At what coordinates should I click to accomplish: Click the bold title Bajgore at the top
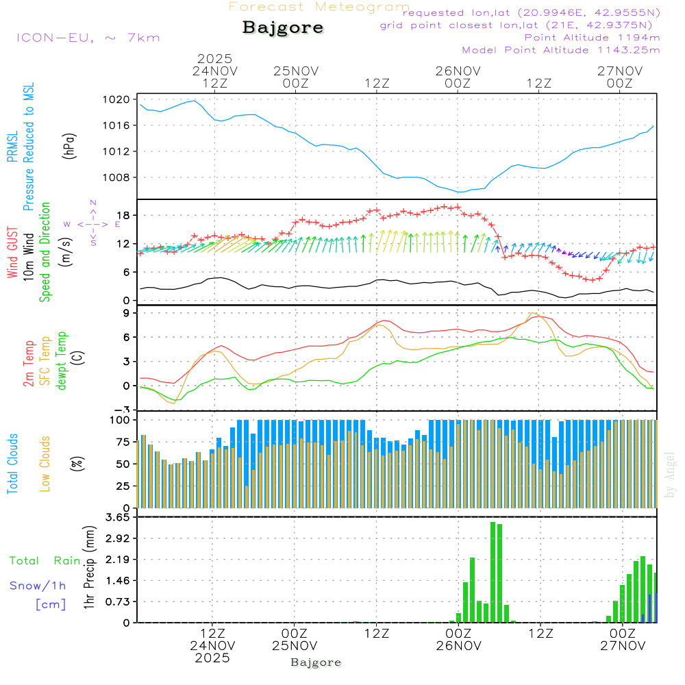[283, 28]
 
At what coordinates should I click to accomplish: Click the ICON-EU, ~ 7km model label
[88, 38]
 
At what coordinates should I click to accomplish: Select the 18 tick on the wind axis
[124, 216]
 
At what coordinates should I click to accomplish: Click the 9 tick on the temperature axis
[127, 313]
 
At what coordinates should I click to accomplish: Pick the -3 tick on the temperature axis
[124, 410]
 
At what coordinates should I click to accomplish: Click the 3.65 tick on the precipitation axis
[117, 517]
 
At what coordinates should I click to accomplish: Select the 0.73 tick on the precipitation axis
[117, 601]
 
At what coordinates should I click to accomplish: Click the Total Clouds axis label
[12, 464]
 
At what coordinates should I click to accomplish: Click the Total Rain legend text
[45, 560]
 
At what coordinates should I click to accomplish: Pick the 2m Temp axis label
[29, 362]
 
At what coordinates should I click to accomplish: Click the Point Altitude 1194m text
[593, 38]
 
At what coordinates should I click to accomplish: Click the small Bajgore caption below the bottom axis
[316, 662]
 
